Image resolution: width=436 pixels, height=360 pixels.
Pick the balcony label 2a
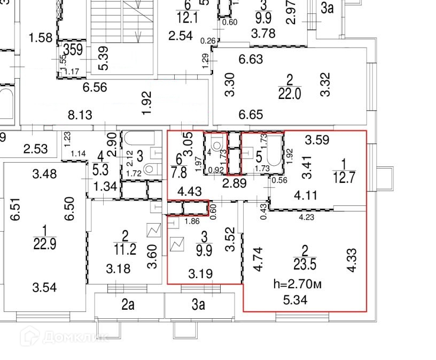(x=128, y=306)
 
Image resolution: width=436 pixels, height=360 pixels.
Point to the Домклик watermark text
(x=73, y=336)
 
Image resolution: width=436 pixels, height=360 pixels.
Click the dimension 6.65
(x=251, y=114)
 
